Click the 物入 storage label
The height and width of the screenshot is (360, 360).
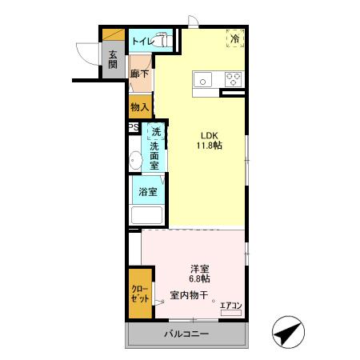tap(139, 106)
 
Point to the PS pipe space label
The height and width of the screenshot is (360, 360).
tap(132, 127)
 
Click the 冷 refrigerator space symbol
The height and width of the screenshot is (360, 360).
tap(235, 38)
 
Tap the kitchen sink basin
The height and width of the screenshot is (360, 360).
tap(203, 78)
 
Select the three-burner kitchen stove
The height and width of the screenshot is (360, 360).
tap(233, 78)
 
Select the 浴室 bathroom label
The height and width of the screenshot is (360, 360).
tap(147, 192)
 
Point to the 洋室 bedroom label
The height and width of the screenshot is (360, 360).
tap(200, 268)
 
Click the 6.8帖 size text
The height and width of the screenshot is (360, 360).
tap(200, 279)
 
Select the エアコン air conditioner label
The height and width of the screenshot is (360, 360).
tap(230, 304)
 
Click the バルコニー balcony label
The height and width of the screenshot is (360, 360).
tap(187, 334)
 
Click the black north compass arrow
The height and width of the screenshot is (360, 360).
tap(290, 330)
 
